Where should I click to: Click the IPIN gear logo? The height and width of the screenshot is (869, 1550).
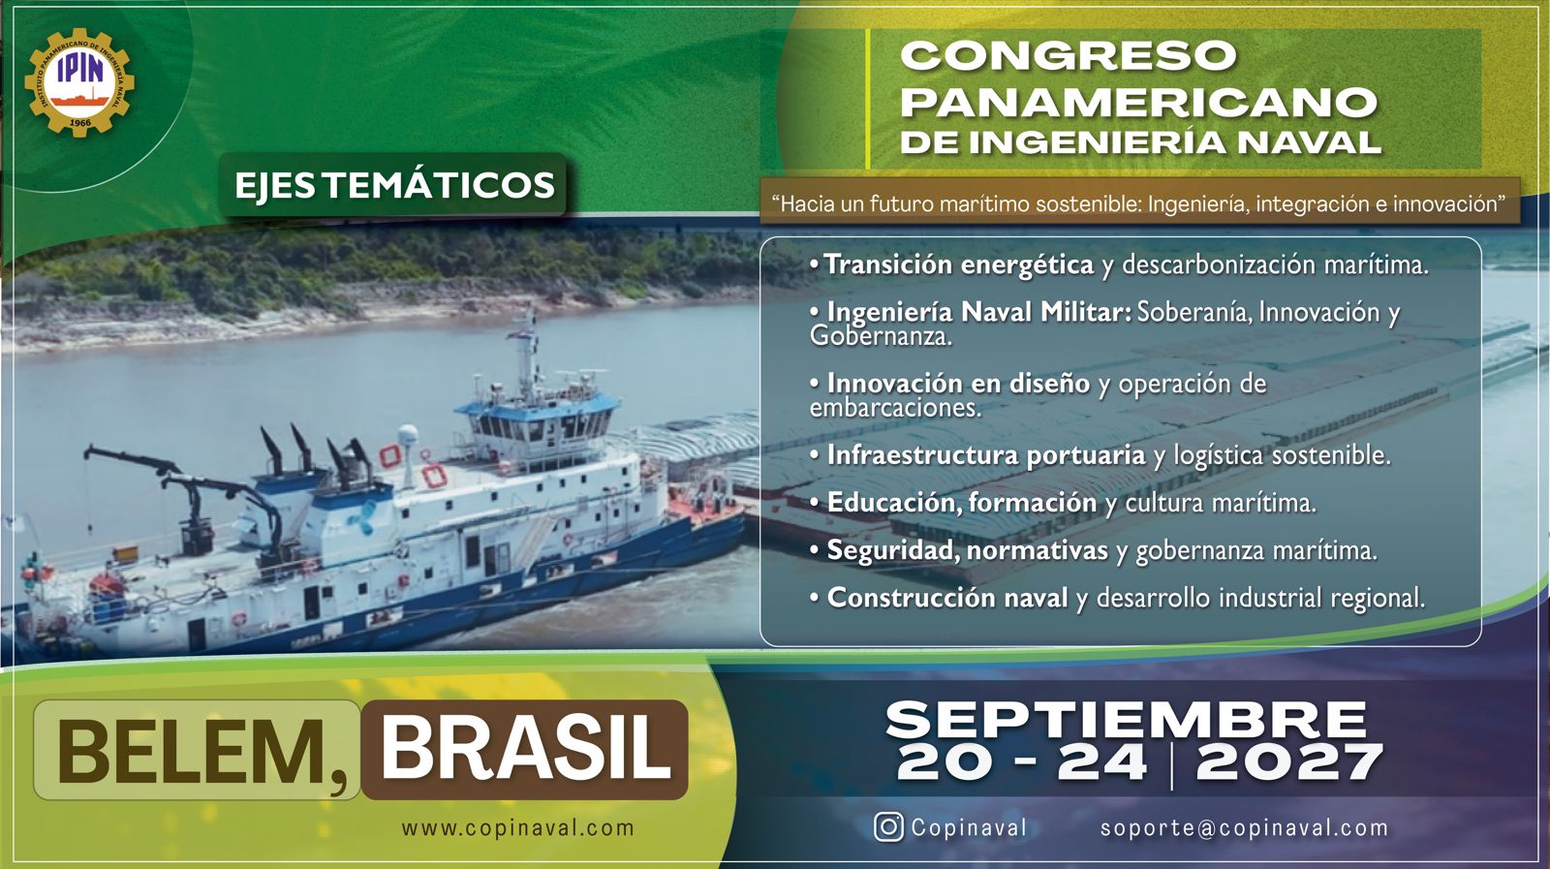coord(79,81)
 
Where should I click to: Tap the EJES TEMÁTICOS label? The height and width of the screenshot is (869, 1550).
coord(393,185)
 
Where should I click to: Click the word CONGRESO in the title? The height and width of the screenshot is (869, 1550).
coord(1069,55)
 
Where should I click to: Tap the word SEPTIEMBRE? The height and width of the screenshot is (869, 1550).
coord(1127,720)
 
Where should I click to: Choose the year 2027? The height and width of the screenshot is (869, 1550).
coord(1289,763)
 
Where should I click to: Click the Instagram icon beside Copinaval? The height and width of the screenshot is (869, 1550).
coord(888,826)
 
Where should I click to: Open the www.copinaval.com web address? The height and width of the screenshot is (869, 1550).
coord(517,827)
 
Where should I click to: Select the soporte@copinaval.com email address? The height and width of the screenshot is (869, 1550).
coord(1244,827)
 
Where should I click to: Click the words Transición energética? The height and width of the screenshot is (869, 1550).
coord(959,264)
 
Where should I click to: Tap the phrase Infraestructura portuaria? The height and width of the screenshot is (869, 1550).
coord(986,454)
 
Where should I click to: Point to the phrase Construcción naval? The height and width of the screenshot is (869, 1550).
coord(947,597)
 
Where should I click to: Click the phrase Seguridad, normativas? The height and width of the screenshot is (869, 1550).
coord(968,550)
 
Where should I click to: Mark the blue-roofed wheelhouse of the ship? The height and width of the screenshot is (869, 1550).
coord(537,423)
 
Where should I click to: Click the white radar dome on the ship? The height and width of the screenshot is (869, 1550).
coord(408,436)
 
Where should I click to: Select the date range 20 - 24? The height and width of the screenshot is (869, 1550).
coord(1021,763)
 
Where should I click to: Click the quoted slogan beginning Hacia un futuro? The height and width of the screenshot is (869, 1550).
coord(1139,204)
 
